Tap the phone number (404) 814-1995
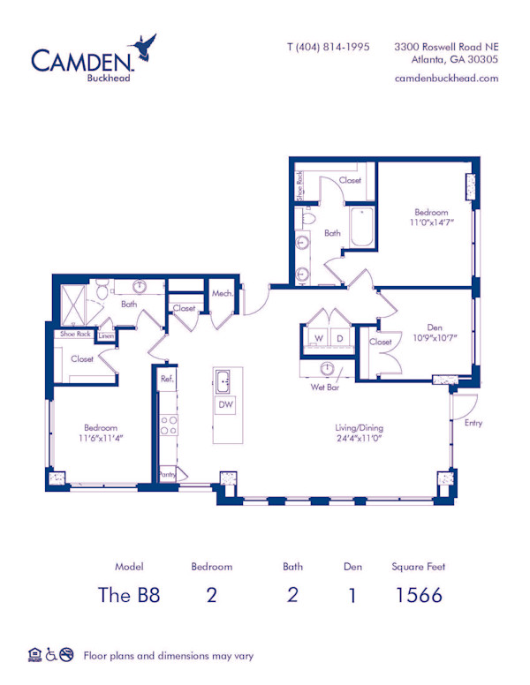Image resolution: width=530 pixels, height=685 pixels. pos(329,47)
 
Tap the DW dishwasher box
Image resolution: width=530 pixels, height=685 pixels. pos(227,404)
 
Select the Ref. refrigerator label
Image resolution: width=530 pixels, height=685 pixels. pos(166,379)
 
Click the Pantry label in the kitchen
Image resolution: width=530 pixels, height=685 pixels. pos(167,474)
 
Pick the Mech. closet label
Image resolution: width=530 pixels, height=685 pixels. pos(222,293)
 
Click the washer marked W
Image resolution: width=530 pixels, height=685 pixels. pos(318,338)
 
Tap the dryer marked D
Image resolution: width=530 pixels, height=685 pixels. pos(338,338)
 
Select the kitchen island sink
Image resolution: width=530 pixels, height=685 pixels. pos(223,381)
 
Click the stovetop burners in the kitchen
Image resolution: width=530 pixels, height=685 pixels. pos(168,425)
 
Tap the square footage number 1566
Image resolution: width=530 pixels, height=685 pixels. pos(417,594)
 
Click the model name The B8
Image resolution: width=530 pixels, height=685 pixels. pos(129,594)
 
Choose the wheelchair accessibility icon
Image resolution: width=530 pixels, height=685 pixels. pos(51,654)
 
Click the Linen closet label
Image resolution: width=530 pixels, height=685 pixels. pos(106,335)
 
